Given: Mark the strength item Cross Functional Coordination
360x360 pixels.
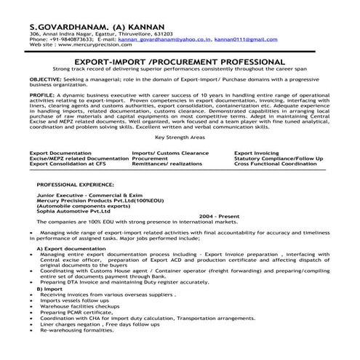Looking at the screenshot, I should pos(276,164).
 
